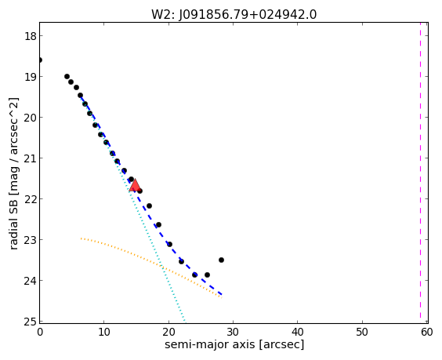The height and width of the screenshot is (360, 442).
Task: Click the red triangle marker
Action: point(135,185)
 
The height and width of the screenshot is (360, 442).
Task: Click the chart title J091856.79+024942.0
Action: point(248,14)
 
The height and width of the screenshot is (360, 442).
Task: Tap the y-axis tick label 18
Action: point(30,36)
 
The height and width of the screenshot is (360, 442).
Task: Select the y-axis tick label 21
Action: point(30,158)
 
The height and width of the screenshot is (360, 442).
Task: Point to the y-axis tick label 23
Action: point(30,240)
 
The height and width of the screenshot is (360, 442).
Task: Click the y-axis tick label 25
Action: point(30,322)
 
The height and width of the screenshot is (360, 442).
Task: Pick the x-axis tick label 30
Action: point(233,332)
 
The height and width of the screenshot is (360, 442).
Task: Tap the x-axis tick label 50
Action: point(362,332)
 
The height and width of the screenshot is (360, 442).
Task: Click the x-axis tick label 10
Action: point(103,332)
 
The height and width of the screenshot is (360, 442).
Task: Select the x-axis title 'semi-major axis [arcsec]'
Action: point(234,345)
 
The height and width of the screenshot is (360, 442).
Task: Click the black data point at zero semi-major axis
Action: point(40,60)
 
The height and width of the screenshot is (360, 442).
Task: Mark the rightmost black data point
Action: point(221,260)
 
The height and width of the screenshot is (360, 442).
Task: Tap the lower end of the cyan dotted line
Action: point(185,322)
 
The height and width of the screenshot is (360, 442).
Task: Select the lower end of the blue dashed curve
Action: point(222,295)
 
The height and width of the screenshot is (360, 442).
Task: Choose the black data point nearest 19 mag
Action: point(67,76)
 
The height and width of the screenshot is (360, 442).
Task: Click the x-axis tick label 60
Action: point(427,332)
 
